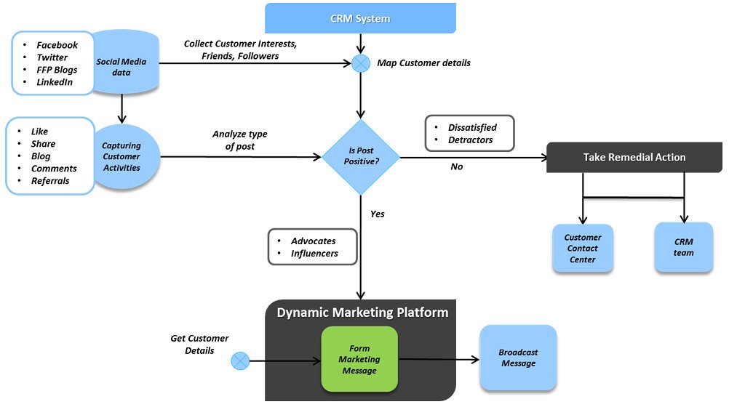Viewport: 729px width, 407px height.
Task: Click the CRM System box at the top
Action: click(360, 18)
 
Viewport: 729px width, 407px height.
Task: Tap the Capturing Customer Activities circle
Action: click(121, 157)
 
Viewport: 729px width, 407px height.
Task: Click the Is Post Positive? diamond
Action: click(361, 157)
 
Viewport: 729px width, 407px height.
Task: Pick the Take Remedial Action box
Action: click(634, 157)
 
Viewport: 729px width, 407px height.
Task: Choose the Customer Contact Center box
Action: click(582, 249)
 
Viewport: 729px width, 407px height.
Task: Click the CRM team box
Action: click(683, 248)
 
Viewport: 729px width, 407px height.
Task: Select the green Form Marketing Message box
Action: click(359, 360)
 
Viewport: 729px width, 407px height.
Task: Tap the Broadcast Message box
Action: click(517, 358)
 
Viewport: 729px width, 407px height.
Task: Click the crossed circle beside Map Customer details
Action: click(361, 63)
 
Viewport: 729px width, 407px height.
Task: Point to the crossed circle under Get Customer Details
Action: click(240, 360)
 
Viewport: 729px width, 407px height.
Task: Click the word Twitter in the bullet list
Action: click(52, 57)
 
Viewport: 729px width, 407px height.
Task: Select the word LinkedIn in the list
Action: click(55, 82)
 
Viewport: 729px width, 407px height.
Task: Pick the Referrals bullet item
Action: click(50, 181)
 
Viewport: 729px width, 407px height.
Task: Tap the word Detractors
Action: click(470, 140)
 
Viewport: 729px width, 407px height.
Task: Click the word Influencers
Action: click(314, 254)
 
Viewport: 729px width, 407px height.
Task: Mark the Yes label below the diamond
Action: click(378, 214)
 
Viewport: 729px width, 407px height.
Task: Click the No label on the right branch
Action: click(457, 167)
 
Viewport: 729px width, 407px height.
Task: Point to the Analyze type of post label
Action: click(239, 140)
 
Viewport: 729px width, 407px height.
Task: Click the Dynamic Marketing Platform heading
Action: click(362, 313)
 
